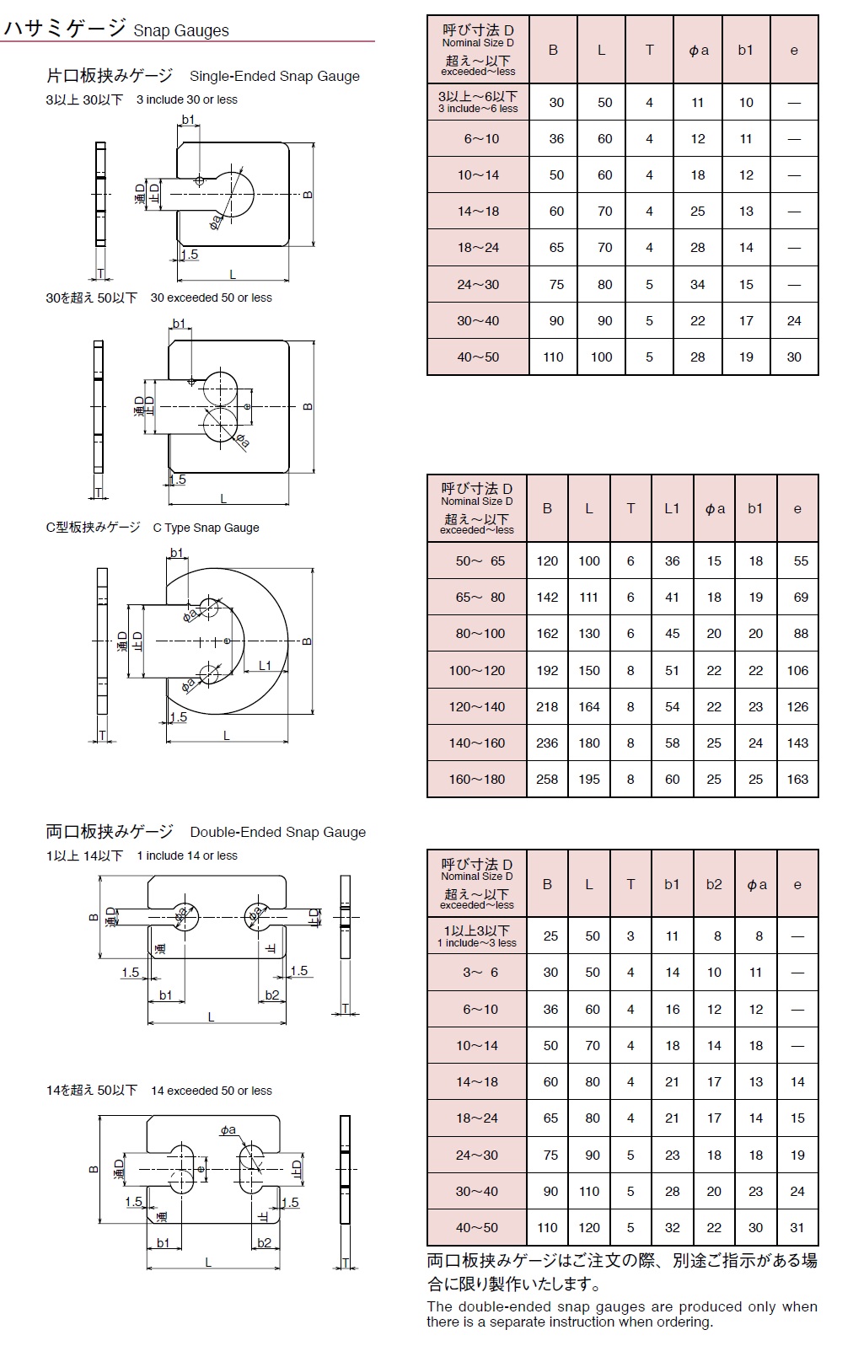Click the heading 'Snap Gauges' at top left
pos(181,31)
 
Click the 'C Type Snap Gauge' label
pos(206,528)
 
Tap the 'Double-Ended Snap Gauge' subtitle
pos(277,832)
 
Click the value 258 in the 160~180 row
pos(547,780)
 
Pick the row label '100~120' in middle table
pos(477,671)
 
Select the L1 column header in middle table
pos(672,509)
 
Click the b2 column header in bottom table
pos(714,884)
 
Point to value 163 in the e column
pos(797,780)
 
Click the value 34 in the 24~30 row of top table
pos(698,285)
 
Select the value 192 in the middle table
pos(547,671)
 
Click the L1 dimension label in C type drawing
pos(265,665)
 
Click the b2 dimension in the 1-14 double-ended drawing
pos(272,995)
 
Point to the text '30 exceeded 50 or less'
pos(211,298)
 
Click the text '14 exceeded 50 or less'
pos(211,1091)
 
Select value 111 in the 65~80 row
pos(589,598)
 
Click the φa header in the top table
pos(698,51)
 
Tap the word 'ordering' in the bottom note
pos(683,1322)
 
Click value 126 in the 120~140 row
pos(797,707)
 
